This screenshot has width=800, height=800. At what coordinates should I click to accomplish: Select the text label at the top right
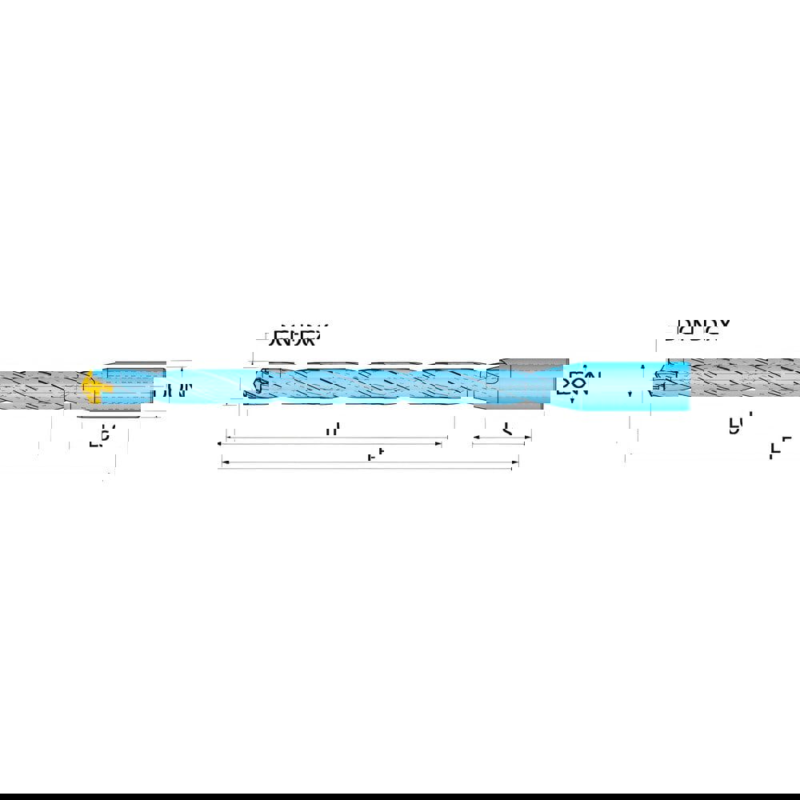tap(698, 327)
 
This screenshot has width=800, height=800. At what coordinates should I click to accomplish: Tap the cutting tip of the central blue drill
tap(254, 386)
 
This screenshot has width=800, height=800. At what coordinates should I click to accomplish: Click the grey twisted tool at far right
tap(744, 378)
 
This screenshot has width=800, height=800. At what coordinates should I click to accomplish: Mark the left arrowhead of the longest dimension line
tap(222, 463)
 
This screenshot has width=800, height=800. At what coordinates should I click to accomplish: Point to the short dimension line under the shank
tap(502, 439)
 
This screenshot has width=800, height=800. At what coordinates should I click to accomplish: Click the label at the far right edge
tap(780, 449)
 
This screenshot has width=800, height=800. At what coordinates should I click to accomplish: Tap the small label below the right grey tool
tap(735, 424)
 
